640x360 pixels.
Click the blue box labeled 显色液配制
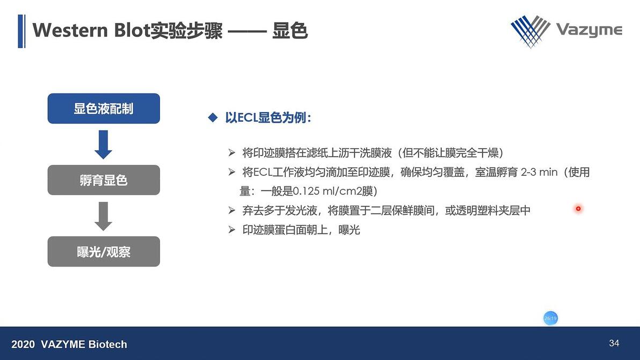(x=104, y=108)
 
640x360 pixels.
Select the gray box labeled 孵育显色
(x=104, y=180)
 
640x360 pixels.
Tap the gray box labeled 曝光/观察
(x=104, y=251)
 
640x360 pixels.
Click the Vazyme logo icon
(x=530, y=30)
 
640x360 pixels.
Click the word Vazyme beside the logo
(x=588, y=30)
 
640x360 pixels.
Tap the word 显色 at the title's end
(x=290, y=31)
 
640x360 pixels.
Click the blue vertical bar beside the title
(x=21, y=31)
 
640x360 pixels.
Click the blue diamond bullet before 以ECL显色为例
(x=213, y=117)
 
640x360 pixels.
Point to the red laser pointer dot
(x=578, y=209)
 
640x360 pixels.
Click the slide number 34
(x=614, y=343)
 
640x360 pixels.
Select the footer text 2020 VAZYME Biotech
(x=69, y=344)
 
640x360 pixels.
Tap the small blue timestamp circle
(x=550, y=318)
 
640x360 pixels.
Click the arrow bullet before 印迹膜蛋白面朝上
(x=232, y=230)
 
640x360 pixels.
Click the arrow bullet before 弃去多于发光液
(x=232, y=210)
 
